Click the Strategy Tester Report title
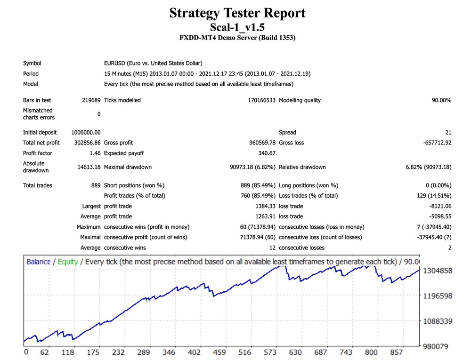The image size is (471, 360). (237, 13)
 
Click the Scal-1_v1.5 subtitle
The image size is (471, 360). (237, 27)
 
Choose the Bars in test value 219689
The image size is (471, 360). (91, 100)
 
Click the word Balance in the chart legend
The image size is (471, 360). (39, 262)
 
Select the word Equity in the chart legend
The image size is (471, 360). (68, 262)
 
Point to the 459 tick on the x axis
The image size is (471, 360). (219, 352)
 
